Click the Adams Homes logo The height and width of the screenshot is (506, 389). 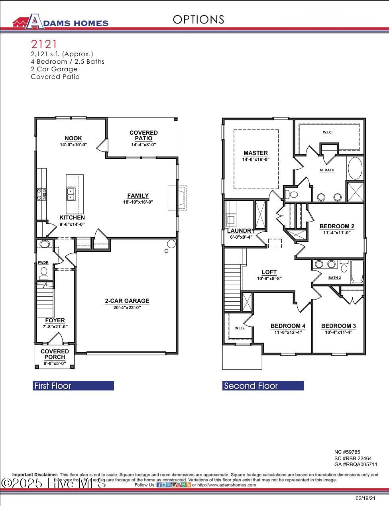tap(60, 22)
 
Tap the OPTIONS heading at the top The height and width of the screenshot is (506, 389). tap(198, 20)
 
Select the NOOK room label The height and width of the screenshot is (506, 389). tap(73, 138)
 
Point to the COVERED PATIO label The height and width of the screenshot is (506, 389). tap(143, 135)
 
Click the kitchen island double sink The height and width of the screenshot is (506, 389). tap(71, 194)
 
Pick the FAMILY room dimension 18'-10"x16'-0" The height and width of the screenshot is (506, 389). tap(138, 202)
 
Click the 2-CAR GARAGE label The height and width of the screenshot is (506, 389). tap(127, 301)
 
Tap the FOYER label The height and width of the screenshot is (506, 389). tap(55, 320)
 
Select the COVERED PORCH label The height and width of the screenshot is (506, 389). tap(55, 354)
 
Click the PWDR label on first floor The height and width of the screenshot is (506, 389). tap(43, 263)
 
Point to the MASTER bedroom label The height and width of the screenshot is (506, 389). tap(255, 153)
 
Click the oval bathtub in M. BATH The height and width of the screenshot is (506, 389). tap(355, 169)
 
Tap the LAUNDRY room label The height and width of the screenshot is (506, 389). tap(240, 231)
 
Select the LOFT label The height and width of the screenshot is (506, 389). tap(269, 273)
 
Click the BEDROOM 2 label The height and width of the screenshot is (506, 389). tap(337, 226)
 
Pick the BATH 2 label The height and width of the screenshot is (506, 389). tap(334, 278)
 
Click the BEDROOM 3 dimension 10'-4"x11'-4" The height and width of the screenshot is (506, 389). tap(338, 332)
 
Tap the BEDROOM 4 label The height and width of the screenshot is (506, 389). tap(288, 326)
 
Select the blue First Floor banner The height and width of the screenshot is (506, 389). tap(73, 386)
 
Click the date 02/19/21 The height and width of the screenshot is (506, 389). tap(365, 498)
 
